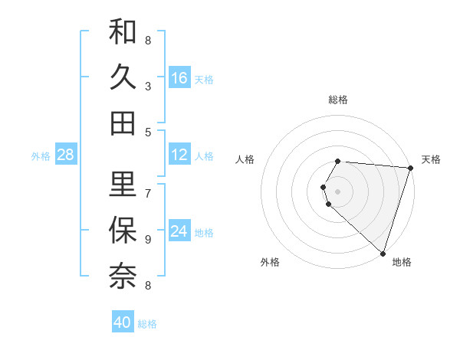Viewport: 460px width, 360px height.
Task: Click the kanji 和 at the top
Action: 123,33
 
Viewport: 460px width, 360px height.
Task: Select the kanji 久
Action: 123,77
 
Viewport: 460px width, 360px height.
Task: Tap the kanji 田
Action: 123,123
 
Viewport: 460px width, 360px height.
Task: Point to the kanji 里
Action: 123,184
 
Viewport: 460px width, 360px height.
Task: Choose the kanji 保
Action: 123,229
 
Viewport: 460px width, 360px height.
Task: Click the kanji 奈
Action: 123,275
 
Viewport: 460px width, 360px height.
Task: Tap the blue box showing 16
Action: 179,78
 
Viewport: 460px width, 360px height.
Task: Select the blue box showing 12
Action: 179,155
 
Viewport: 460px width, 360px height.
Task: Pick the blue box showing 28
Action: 66,155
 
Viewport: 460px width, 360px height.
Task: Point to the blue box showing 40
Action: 123,322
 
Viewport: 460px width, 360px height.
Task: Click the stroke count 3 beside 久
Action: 148,87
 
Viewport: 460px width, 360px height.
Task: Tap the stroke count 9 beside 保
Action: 148,239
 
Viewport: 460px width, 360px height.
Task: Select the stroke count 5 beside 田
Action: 148,132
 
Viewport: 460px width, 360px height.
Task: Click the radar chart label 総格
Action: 338,100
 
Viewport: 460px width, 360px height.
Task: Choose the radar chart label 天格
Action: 431,159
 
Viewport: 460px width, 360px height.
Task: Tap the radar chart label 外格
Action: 270,262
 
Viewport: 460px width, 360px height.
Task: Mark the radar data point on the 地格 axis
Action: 383,254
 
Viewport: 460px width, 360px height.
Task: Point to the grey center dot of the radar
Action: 338,191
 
